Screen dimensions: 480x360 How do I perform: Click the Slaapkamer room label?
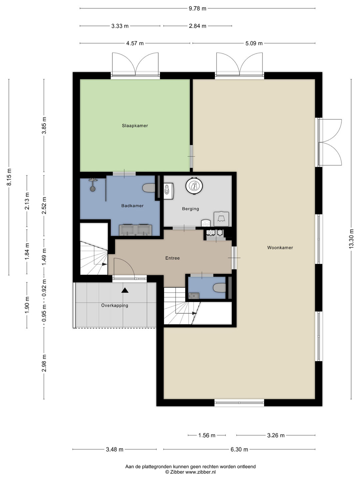tap(135, 126)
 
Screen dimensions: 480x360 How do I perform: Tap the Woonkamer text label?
tap(280, 248)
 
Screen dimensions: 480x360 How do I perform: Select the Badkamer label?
tap(132, 206)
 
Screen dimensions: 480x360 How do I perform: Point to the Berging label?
tap(190, 209)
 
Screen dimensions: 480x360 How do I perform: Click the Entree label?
tap(172, 258)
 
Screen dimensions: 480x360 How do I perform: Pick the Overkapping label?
tap(115, 305)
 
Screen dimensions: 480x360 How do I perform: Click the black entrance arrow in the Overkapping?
tap(125, 290)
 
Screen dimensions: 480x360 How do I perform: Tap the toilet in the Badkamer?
tap(149, 188)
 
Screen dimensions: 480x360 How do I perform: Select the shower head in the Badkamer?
tap(93, 188)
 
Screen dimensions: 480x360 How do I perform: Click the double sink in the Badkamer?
tap(136, 230)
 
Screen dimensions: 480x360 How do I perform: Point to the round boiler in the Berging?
tap(195, 186)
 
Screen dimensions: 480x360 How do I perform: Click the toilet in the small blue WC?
tap(219, 288)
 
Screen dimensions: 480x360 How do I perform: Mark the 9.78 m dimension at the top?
tap(197, 9)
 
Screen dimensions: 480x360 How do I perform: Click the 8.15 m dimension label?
tap(9, 177)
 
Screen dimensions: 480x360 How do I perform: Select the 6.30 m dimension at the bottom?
tap(239, 449)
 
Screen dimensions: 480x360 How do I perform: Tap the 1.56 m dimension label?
tap(207, 435)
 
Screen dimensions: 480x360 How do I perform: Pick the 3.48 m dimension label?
tap(115, 449)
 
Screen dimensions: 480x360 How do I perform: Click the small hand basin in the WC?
tap(193, 295)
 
